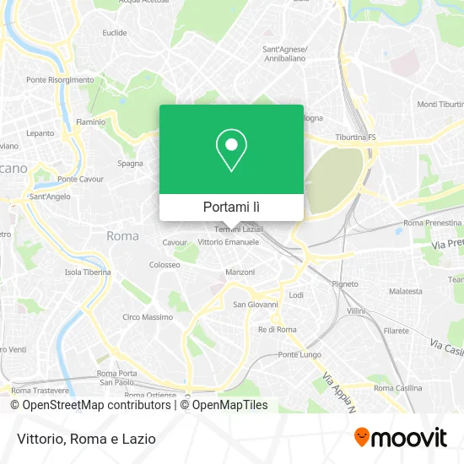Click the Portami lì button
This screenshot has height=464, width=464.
(231, 207)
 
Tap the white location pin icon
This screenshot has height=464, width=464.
(231, 150)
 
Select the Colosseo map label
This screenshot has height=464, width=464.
(165, 264)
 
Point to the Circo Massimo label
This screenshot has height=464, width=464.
(143, 317)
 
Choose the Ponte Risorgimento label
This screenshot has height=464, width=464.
(60, 79)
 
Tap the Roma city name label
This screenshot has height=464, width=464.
(122, 236)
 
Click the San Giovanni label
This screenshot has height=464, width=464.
(251, 304)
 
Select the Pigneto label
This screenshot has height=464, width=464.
(345, 283)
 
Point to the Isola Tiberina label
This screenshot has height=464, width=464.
(88, 272)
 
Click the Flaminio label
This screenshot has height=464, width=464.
(91, 121)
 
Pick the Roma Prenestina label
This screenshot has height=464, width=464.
(430, 223)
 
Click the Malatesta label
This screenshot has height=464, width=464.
(406, 291)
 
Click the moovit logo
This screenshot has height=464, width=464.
(400, 438)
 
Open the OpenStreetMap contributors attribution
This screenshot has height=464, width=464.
(91, 405)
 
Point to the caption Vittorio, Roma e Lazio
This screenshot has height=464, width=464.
(83, 439)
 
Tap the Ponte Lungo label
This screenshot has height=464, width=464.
(299, 354)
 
